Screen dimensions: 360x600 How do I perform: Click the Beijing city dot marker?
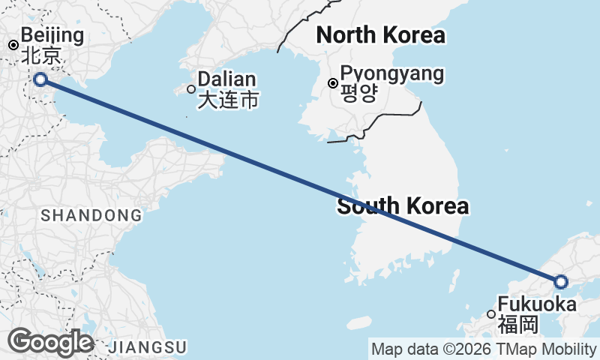13,45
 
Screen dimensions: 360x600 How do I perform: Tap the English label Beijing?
52,35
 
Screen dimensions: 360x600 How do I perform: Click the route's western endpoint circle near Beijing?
40,79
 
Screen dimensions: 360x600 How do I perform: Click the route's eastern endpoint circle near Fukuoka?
561,282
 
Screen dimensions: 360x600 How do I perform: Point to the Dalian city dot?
190,89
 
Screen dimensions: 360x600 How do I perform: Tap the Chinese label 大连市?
228,100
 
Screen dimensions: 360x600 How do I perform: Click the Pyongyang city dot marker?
333,83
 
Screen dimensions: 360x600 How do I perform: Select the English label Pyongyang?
391,73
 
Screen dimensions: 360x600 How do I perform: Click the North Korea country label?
380,34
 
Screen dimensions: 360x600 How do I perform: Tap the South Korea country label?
403,206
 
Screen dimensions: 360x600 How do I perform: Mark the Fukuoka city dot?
490,314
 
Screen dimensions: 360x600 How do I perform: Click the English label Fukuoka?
537,305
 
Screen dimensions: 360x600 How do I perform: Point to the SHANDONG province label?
91,216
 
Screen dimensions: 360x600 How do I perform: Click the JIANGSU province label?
147,347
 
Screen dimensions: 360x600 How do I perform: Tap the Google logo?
50,342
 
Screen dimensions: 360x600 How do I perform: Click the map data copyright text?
483,349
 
